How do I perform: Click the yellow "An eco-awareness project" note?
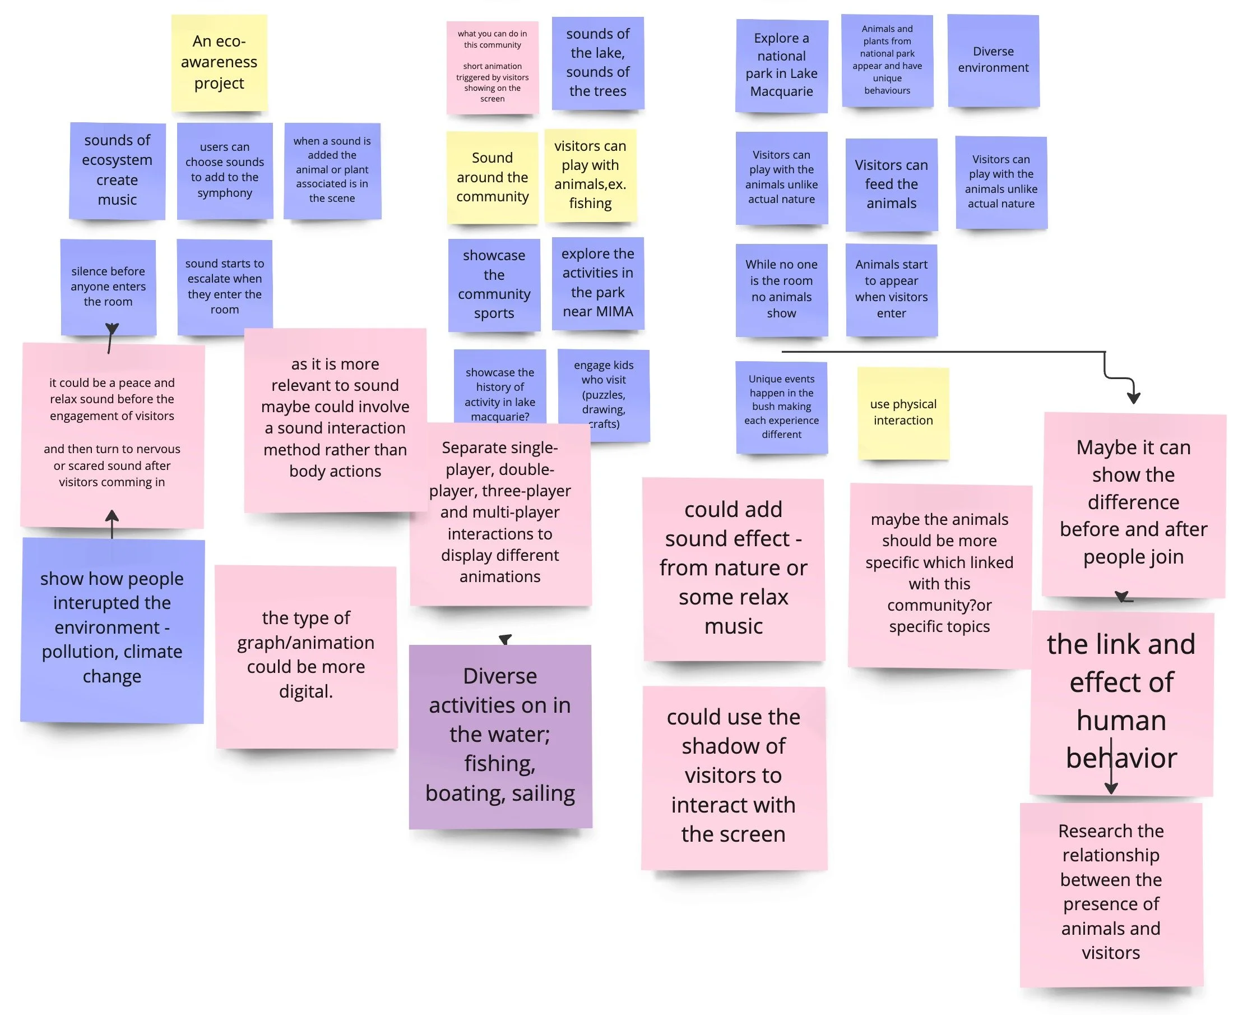[219, 62]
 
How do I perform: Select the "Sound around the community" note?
[492, 177]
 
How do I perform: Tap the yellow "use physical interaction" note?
[903, 412]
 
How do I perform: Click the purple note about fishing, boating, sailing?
[500, 736]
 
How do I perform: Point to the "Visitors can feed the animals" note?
[891, 184]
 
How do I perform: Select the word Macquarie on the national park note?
[781, 91]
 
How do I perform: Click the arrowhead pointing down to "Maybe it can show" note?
[1133, 398]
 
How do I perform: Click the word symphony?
[224, 193]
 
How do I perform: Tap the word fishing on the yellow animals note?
[590, 204]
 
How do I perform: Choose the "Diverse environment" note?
[993, 60]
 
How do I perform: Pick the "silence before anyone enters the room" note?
[108, 287]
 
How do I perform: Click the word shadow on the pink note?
[733, 746]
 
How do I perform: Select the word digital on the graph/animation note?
[305, 691]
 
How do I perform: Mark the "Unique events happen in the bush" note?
[781, 407]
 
